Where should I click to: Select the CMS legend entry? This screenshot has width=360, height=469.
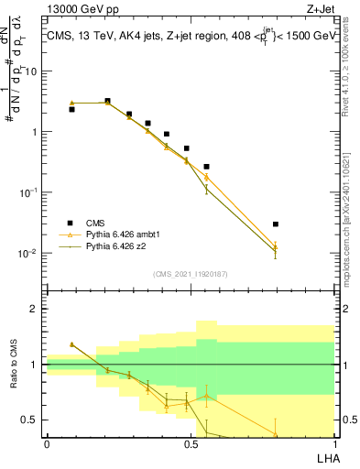(x=95, y=223)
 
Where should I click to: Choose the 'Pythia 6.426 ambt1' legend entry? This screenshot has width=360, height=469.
(x=118, y=234)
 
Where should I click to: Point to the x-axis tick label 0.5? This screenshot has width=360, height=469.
(x=191, y=444)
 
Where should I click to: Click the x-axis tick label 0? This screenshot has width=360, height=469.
(x=47, y=444)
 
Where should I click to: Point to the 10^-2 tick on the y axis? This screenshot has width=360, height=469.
(x=31, y=253)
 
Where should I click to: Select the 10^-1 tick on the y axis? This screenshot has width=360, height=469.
(x=31, y=192)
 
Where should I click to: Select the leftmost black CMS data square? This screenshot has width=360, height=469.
(x=71, y=109)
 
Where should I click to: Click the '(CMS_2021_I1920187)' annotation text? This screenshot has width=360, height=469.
(x=190, y=272)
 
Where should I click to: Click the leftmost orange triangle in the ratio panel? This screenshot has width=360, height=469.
(x=71, y=344)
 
